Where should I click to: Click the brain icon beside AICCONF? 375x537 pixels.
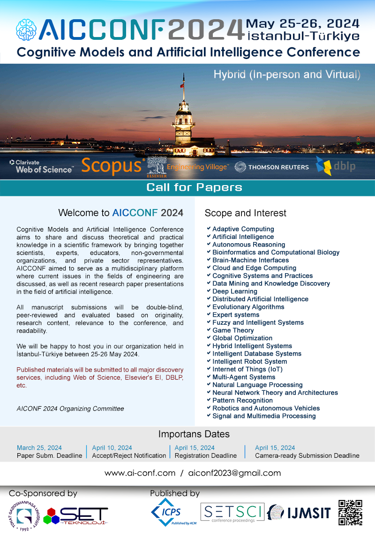pos(26,29)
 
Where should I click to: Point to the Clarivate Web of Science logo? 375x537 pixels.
pos(41,166)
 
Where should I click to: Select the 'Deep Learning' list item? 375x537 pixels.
pos(235,291)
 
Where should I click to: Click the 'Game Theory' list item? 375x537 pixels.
pos(233,330)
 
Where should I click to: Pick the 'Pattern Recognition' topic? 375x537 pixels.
pos(242,401)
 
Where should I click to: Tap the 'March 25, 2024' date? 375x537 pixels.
pos(39,447)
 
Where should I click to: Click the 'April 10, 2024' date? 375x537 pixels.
pos(112,447)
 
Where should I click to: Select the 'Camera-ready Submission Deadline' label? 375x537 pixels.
pos(307,455)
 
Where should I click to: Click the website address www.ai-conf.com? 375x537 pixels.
pos(140,473)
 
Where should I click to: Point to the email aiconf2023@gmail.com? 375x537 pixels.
pos(234,473)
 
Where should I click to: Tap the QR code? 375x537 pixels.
pos(350,513)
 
